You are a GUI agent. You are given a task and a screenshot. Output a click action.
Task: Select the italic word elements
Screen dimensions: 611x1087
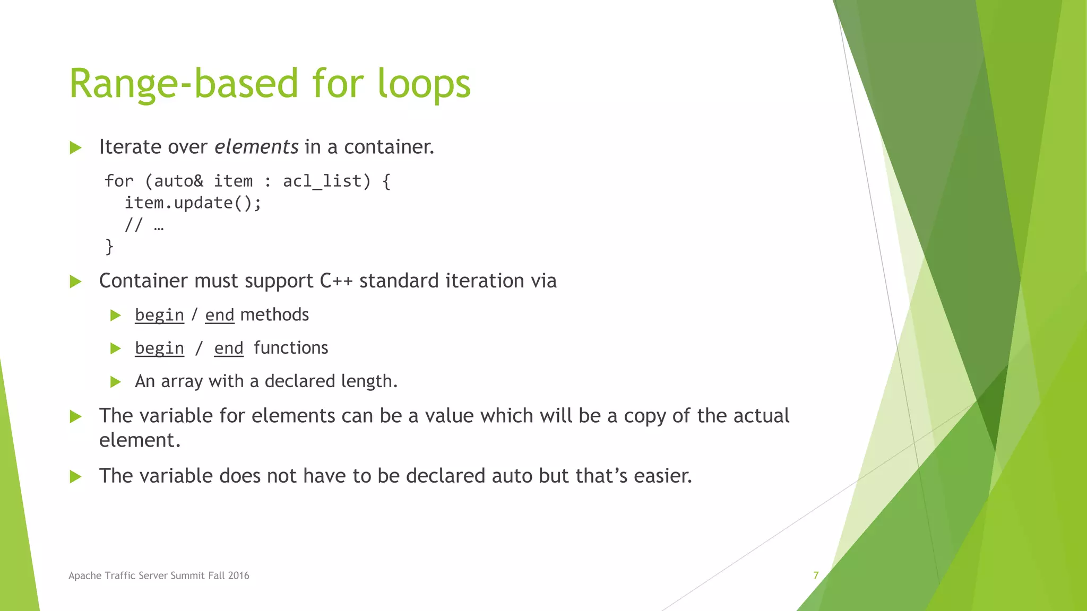256,147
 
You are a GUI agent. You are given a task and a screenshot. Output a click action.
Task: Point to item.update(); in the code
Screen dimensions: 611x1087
193,203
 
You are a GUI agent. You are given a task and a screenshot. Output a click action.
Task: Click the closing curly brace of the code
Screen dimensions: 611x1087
109,247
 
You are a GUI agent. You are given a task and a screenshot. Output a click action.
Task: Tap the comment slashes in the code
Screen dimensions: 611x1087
133,225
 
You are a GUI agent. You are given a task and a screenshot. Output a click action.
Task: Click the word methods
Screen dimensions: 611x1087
274,315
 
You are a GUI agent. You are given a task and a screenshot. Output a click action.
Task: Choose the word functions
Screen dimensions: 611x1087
291,348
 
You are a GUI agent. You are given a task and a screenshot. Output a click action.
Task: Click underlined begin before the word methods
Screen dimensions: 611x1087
159,316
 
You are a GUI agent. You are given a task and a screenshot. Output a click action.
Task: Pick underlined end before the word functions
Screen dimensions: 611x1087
229,348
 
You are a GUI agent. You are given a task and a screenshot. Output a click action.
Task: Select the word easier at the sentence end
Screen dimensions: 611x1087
661,476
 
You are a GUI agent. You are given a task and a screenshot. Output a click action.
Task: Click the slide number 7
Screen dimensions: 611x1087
816,575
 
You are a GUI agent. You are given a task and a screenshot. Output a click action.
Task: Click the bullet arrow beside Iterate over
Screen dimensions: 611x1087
76,148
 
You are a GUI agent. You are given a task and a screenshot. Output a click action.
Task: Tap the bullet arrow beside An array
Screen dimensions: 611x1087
116,382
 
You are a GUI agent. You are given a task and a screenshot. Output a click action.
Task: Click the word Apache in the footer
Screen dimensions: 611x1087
85,575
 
